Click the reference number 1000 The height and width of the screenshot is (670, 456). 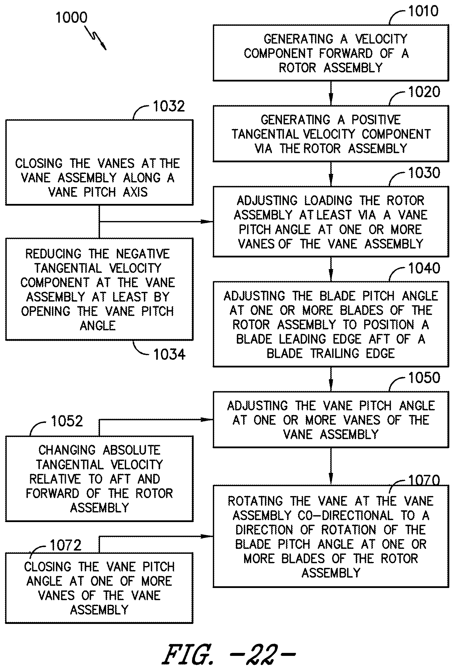pos(71,17)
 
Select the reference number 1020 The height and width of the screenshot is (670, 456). pos(424,92)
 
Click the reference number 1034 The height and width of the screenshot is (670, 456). pos(169,354)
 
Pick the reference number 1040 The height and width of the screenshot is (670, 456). pos(424,268)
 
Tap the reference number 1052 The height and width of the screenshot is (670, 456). pos(67,421)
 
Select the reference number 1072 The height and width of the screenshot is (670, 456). pos(66,545)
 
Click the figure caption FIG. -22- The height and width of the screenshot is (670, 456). pos(229,654)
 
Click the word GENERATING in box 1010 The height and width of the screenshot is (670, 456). pos(298,39)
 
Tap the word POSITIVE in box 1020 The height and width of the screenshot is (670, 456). pos(376,120)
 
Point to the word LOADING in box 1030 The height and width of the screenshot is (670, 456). pos(328,200)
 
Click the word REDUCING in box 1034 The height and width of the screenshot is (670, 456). pos(53,254)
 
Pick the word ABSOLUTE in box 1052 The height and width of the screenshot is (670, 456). pos(131,450)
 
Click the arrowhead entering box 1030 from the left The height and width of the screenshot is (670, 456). pos(207,222)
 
